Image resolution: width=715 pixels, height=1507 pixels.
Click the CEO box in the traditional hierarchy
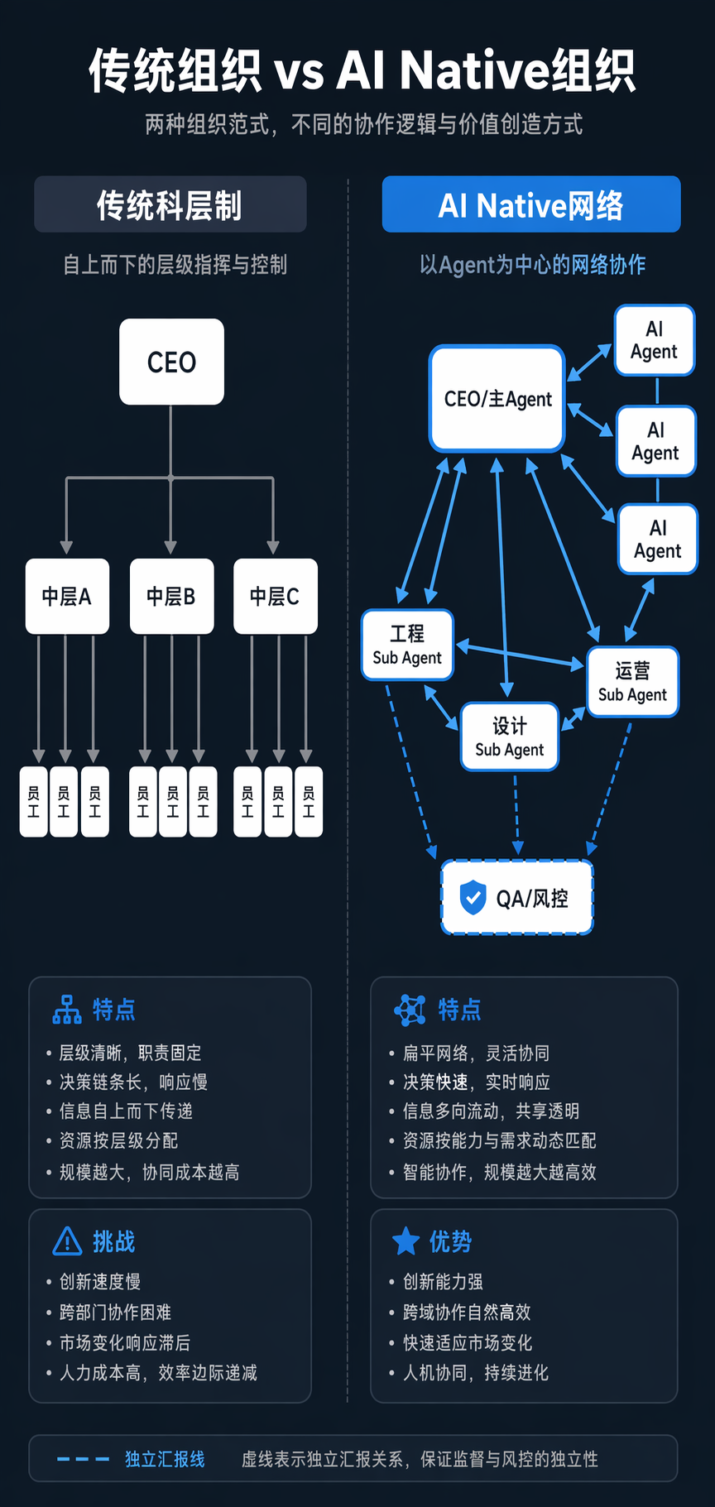point(171,362)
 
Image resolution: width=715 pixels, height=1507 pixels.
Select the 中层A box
point(67,596)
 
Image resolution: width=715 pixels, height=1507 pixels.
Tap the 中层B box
point(171,596)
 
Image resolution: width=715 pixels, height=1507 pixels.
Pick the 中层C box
point(275,596)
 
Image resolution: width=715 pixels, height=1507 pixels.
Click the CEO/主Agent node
point(497,398)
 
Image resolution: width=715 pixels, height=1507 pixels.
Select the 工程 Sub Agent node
point(407,645)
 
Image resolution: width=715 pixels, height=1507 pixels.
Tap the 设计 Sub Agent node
point(510,737)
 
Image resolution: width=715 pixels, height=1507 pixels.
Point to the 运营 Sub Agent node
point(632,682)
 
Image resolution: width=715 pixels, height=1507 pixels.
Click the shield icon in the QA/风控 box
point(473,897)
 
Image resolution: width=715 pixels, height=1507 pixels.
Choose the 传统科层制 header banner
point(170,204)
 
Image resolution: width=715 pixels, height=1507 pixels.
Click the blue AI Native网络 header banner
point(531,204)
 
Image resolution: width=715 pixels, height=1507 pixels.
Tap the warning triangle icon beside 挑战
point(67,1241)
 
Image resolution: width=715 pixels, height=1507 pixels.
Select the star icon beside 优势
point(405,1241)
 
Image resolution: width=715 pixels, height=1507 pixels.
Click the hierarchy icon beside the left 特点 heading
point(67,1010)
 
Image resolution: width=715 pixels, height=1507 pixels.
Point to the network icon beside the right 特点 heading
point(410,1010)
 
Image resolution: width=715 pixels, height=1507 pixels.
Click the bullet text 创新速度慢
point(100,1282)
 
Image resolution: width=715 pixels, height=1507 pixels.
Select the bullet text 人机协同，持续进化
point(476,1373)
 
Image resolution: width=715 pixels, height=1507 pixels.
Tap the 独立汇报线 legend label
point(165,1459)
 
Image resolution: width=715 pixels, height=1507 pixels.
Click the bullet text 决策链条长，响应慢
point(133,1082)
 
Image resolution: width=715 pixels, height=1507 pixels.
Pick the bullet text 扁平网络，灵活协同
point(476,1053)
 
